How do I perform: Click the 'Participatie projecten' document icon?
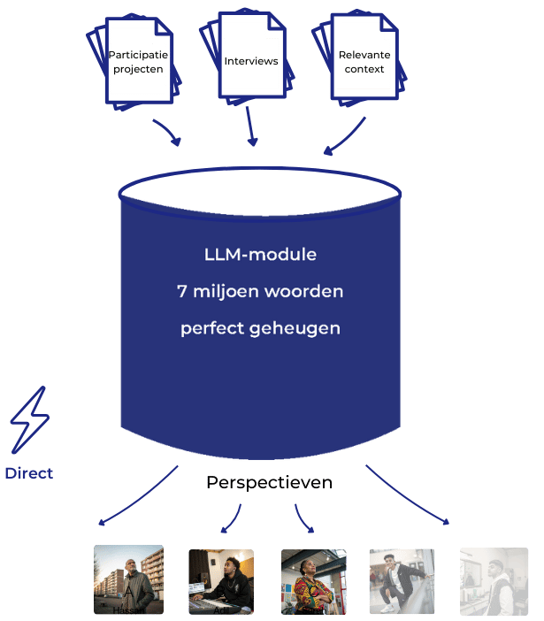137,61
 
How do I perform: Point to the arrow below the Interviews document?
252,129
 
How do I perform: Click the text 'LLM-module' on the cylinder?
260,255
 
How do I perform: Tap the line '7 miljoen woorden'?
260,291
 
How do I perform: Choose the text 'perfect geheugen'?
260,327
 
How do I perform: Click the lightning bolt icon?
28,420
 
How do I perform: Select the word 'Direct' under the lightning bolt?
28,473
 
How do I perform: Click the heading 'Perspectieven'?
270,483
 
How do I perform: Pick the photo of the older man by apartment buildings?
128,580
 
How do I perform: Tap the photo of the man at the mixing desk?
220,581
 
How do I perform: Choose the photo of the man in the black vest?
494,581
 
